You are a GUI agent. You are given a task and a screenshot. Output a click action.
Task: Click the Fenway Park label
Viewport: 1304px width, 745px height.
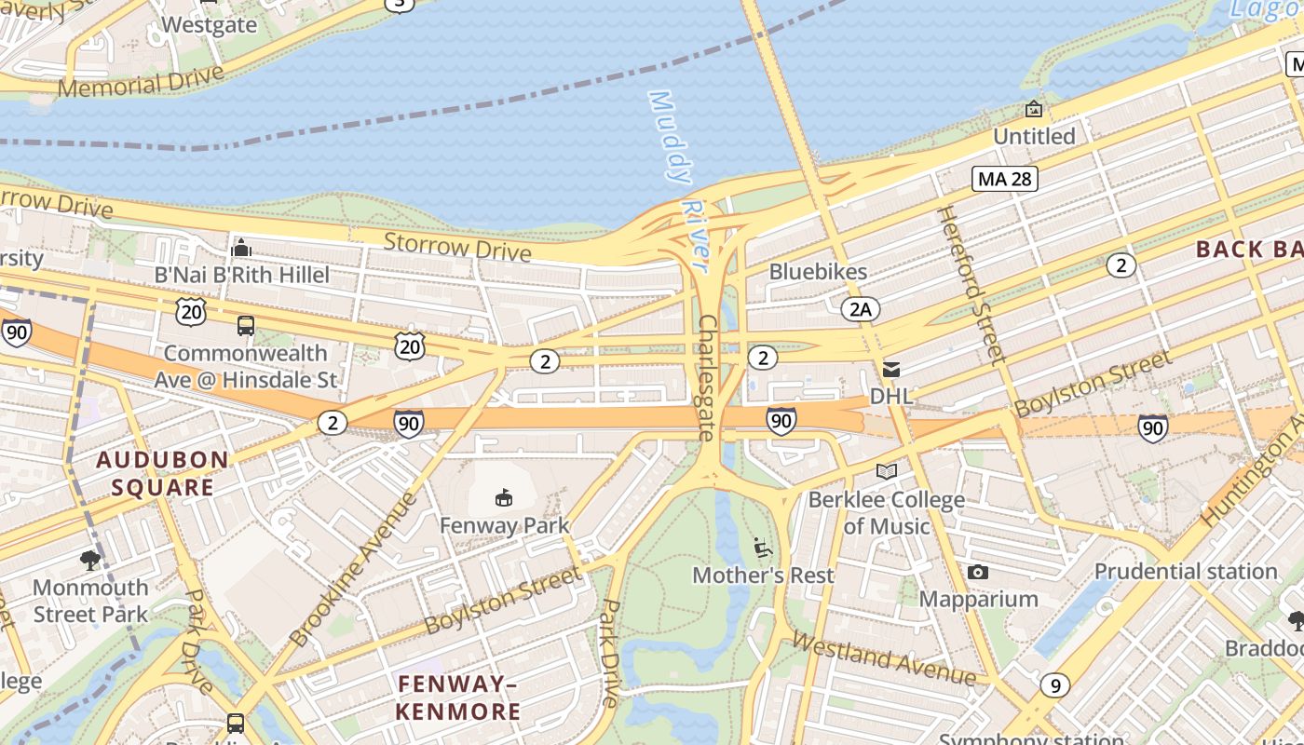tap(504, 525)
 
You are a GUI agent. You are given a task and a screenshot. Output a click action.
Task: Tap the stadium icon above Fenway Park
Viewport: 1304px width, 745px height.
tap(504, 498)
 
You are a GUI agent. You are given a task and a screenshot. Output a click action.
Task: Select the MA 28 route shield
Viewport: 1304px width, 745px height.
tap(1005, 179)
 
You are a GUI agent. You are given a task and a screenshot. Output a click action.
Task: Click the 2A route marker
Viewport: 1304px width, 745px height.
tap(859, 309)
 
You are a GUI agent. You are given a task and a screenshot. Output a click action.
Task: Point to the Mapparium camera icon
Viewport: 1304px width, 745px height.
tap(977, 572)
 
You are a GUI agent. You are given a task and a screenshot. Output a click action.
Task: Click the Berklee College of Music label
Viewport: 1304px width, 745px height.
tap(886, 512)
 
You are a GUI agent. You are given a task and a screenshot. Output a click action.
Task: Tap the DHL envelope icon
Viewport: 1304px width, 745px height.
tap(891, 370)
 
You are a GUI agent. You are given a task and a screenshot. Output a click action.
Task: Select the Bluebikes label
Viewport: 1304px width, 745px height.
tap(818, 272)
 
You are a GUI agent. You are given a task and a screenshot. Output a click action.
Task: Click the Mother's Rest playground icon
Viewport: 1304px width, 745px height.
tap(763, 548)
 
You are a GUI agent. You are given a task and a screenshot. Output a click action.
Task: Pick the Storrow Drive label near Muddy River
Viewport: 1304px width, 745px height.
tap(457, 248)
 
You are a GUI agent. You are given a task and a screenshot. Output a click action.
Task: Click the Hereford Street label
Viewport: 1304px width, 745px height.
tap(971, 283)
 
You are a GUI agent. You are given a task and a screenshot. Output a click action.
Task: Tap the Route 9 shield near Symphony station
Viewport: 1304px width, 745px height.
tap(1054, 685)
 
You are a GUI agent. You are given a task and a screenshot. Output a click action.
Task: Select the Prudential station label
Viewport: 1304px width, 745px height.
tap(1185, 571)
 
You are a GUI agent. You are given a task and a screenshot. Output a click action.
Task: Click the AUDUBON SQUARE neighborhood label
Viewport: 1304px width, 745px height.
tap(162, 473)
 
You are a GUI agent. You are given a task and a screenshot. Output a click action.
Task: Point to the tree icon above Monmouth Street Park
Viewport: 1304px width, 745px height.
tap(90, 560)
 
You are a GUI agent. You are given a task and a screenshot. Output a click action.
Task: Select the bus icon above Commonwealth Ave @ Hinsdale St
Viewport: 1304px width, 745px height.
tap(246, 326)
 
